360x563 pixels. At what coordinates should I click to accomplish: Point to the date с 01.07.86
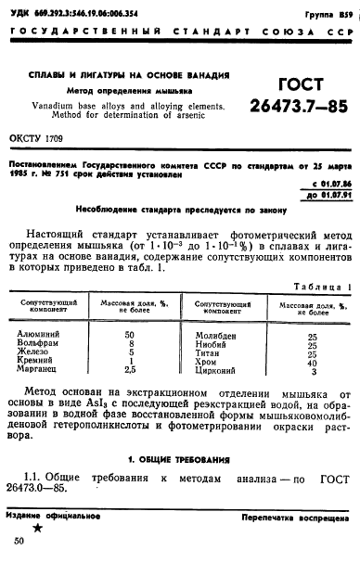[325, 184]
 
